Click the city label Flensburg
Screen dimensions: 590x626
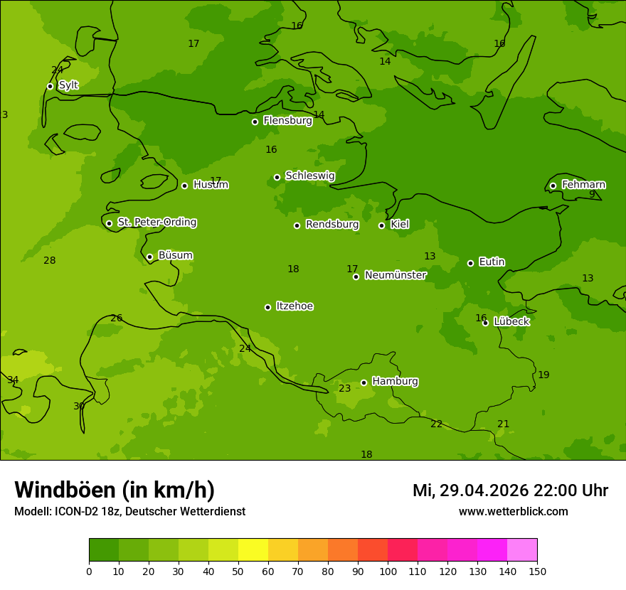pyautogui.click(x=287, y=121)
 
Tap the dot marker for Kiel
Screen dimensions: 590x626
pyautogui.click(x=381, y=225)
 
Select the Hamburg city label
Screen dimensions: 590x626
pyautogui.click(x=395, y=382)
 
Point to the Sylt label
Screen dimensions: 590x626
pyautogui.click(x=68, y=85)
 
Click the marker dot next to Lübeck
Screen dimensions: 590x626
pyautogui.click(x=485, y=323)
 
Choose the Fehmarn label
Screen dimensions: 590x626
pyautogui.click(x=583, y=185)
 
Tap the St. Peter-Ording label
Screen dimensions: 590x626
pyautogui.click(x=156, y=222)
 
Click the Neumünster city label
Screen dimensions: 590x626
pyautogui.click(x=396, y=275)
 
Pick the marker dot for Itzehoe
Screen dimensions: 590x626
pyautogui.click(x=267, y=307)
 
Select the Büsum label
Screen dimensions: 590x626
pyautogui.click(x=175, y=255)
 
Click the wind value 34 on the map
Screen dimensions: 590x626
pyautogui.click(x=13, y=380)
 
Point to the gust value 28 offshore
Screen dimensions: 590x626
pyautogui.click(x=49, y=261)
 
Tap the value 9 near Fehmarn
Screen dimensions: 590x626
pyautogui.click(x=591, y=194)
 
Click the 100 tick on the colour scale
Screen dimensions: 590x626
pyautogui.click(x=388, y=572)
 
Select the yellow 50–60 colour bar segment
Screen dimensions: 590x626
pyautogui.click(x=253, y=550)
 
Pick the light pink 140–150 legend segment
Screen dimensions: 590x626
pyautogui.click(x=522, y=550)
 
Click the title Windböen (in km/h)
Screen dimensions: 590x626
pyautogui.click(x=115, y=490)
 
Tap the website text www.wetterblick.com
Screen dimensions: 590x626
pyautogui.click(x=513, y=512)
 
